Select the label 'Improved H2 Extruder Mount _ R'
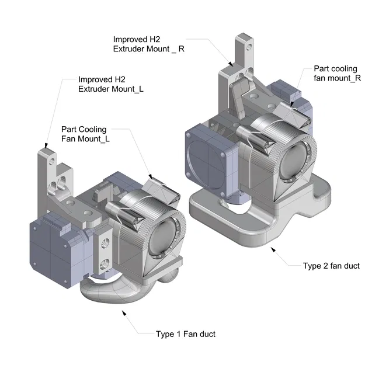(x=149, y=44)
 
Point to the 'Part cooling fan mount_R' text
(x=335, y=73)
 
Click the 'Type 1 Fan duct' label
(x=185, y=334)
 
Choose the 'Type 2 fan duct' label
(x=331, y=266)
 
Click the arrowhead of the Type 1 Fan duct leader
(x=124, y=313)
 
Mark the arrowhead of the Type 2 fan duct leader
(x=273, y=248)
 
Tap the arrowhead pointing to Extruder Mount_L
(x=45, y=146)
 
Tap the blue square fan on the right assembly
(x=209, y=157)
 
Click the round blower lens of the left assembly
(x=163, y=239)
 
